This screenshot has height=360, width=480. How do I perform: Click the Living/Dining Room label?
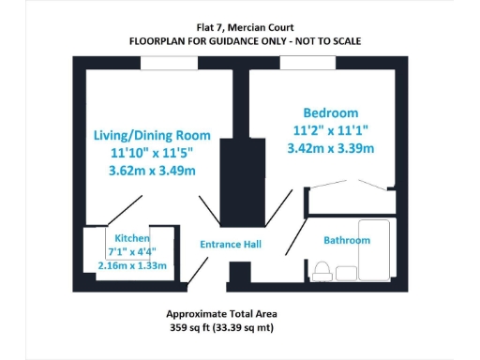click(151, 135)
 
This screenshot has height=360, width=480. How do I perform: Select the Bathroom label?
click(347, 240)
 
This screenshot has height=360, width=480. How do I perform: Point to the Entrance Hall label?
click(231, 245)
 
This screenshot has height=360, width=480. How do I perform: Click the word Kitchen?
click(132, 238)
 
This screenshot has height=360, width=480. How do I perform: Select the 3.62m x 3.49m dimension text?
click(151, 171)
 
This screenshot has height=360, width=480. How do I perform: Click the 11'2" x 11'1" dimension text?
click(331, 130)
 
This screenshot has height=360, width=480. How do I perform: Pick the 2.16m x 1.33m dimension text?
click(132, 265)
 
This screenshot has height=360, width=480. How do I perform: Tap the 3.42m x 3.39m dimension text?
click(331, 148)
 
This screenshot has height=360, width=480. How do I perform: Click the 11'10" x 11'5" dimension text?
click(151, 153)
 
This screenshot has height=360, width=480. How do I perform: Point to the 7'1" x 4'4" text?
click(132, 251)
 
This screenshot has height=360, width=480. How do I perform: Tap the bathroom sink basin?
click(347, 274)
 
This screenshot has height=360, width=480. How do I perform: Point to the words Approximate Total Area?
click(221, 313)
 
